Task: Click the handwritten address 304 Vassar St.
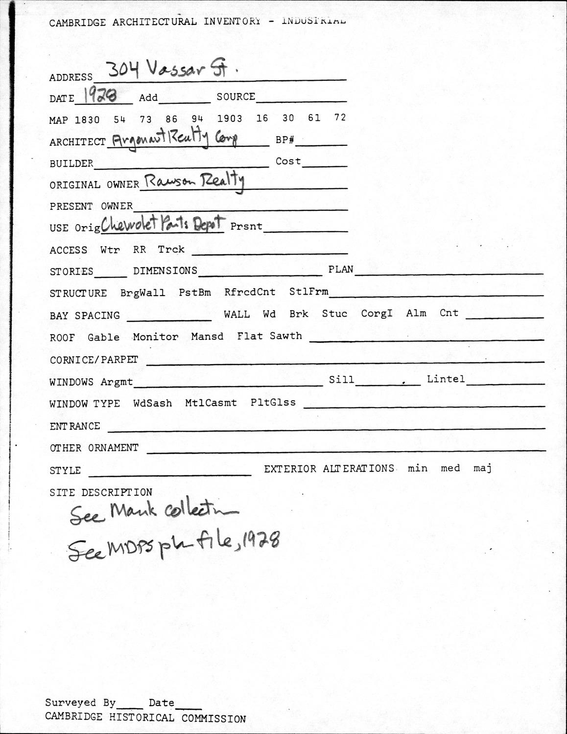(x=171, y=71)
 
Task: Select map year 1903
(x=230, y=119)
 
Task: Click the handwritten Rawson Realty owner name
(x=194, y=182)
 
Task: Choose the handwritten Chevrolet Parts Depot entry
(x=163, y=224)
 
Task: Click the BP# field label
(x=285, y=140)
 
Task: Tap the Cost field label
(x=288, y=161)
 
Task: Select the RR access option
(x=140, y=250)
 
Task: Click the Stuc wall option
(x=334, y=314)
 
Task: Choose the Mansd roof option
(x=207, y=337)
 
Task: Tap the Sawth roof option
(x=286, y=336)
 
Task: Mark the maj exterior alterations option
(x=482, y=469)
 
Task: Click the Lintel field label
(x=446, y=379)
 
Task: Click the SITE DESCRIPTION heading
(x=101, y=492)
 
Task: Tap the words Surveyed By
(x=80, y=703)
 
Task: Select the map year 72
(x=340, y=118)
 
